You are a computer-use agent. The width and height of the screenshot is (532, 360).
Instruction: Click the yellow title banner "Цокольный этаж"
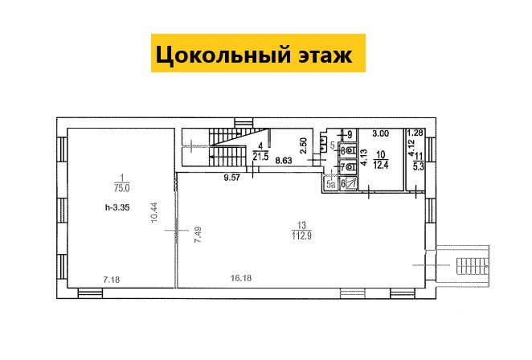[x=258, y=53]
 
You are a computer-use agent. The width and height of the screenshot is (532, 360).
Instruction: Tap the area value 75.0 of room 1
[x=122, y=189]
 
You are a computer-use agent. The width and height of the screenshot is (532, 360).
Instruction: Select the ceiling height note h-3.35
[x=117, y=207]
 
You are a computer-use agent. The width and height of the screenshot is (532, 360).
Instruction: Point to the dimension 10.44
[x=155, y=212]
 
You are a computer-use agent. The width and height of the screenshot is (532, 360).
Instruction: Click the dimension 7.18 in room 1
[x=111, y=280]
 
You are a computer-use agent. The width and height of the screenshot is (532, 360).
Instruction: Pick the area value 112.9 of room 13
[x=301, y=235]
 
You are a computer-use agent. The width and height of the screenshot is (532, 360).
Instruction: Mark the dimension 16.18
[x=241, y=278]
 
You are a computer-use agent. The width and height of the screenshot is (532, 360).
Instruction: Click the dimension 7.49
[x=198, y=235]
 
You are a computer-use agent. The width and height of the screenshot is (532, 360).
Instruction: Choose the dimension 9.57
[x=231, y=178]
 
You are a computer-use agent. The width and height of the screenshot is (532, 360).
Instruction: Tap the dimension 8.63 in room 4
[x=284, y=161]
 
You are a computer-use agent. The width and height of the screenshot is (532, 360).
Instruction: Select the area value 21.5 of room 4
[x=260, y=157]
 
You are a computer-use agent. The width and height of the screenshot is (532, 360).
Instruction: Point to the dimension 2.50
[x=304, y=145]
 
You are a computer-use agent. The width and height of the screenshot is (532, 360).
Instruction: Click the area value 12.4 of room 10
[x=381, y=166]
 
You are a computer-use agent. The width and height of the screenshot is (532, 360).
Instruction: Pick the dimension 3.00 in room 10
[x=380, y=133]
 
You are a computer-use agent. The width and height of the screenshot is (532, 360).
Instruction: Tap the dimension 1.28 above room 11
[x=415, y=133]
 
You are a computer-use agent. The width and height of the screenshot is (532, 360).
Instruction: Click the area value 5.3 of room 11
[x=419, y=167]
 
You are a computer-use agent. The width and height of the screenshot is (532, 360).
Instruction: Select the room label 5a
[x=331, y=184]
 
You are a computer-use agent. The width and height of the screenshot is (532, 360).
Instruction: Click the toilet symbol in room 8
[x=351, y=149]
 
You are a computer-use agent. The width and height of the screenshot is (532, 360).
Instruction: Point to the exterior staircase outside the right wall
[x=473, y=266]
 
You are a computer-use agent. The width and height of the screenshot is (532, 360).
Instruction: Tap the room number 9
[x=350, y=135]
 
